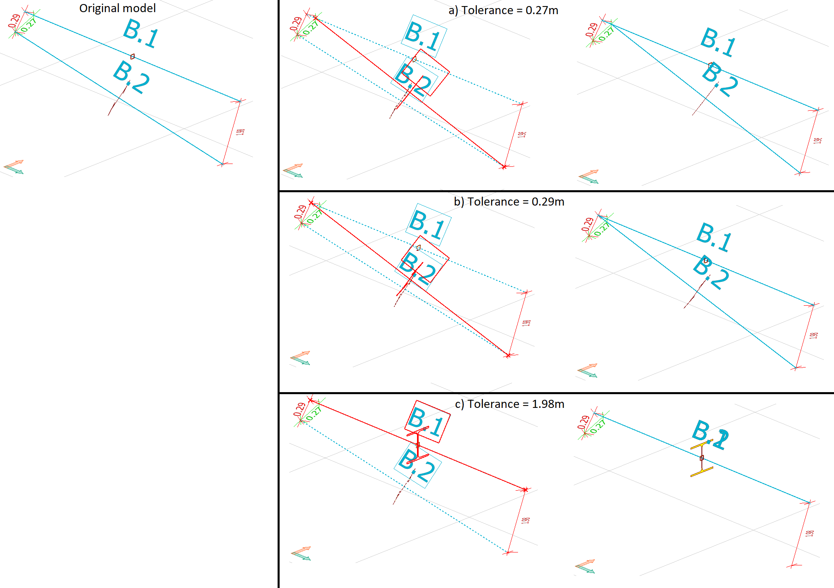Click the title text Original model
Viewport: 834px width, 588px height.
(117, 8)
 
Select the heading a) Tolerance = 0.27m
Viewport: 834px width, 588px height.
(503, 10)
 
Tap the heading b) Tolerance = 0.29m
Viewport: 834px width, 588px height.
(509, 202)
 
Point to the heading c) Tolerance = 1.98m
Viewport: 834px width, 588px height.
(509, 404)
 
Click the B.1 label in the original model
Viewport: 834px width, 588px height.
(140, 34)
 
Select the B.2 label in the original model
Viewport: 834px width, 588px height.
(131, 78)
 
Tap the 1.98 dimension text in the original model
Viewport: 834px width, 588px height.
(240, 132)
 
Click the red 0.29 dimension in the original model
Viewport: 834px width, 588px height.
(15, 21)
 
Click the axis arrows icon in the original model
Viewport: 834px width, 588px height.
(14, 167)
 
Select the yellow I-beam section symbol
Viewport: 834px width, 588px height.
(702, 458)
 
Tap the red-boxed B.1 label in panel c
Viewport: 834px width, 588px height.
(428, 422)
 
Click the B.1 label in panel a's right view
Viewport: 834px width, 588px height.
(718, 42)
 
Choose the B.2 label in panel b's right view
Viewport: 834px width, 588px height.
(711, 273)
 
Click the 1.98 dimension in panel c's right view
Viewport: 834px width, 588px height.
(809, 533)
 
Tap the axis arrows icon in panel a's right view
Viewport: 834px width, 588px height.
(589, 177)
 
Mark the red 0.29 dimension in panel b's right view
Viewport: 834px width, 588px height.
(588, 225)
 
